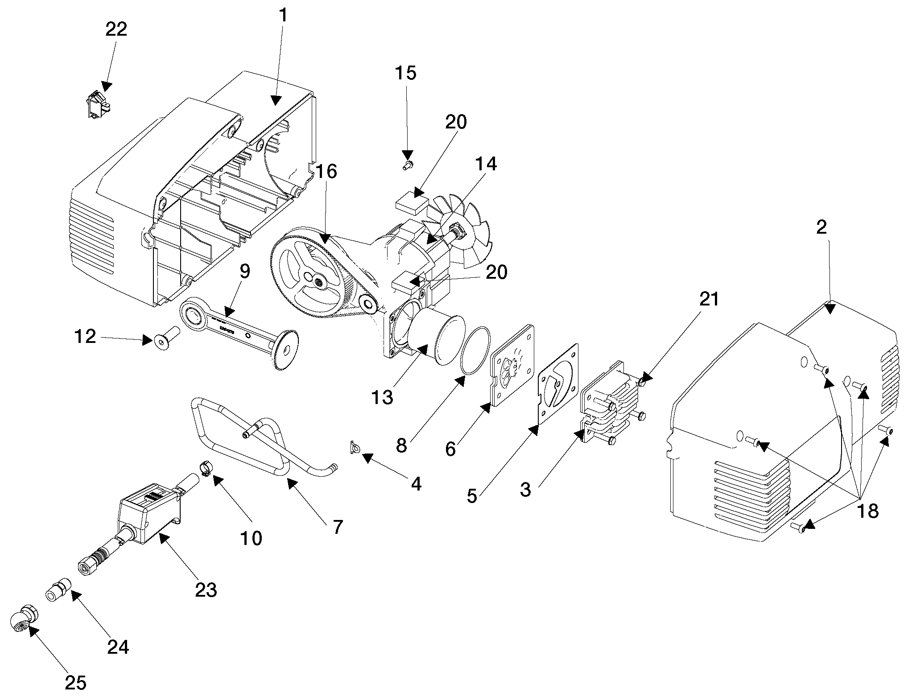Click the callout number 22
[116, 30]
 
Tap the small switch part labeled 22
[98, 104]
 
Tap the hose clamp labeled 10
[203, 470]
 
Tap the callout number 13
[383, 396]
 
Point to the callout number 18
[867, 511]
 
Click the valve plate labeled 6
[513, 363]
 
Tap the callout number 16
[327, 172]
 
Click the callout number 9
[244, 270]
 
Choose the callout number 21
[709, 299]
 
